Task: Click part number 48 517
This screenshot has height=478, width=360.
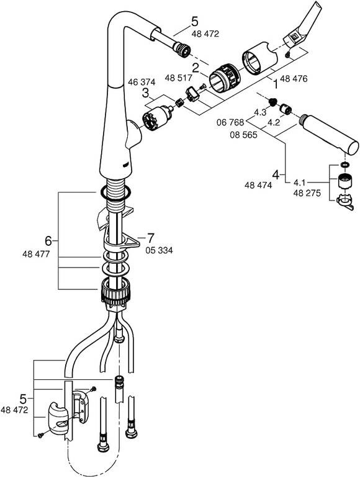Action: (179, 78)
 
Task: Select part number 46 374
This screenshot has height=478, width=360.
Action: (142, 82)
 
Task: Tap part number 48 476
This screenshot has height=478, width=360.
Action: (294, 79)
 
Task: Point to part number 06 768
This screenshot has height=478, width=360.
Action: (230, 122)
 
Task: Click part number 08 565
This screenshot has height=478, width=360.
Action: (243, 135)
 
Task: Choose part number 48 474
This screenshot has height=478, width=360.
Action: (258, 185)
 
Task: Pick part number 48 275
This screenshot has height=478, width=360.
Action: (307, 193)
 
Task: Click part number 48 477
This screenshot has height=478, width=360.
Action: (36, 254)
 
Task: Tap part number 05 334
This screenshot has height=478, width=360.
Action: (159, 250)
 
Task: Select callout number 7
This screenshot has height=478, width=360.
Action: (151, 238)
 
